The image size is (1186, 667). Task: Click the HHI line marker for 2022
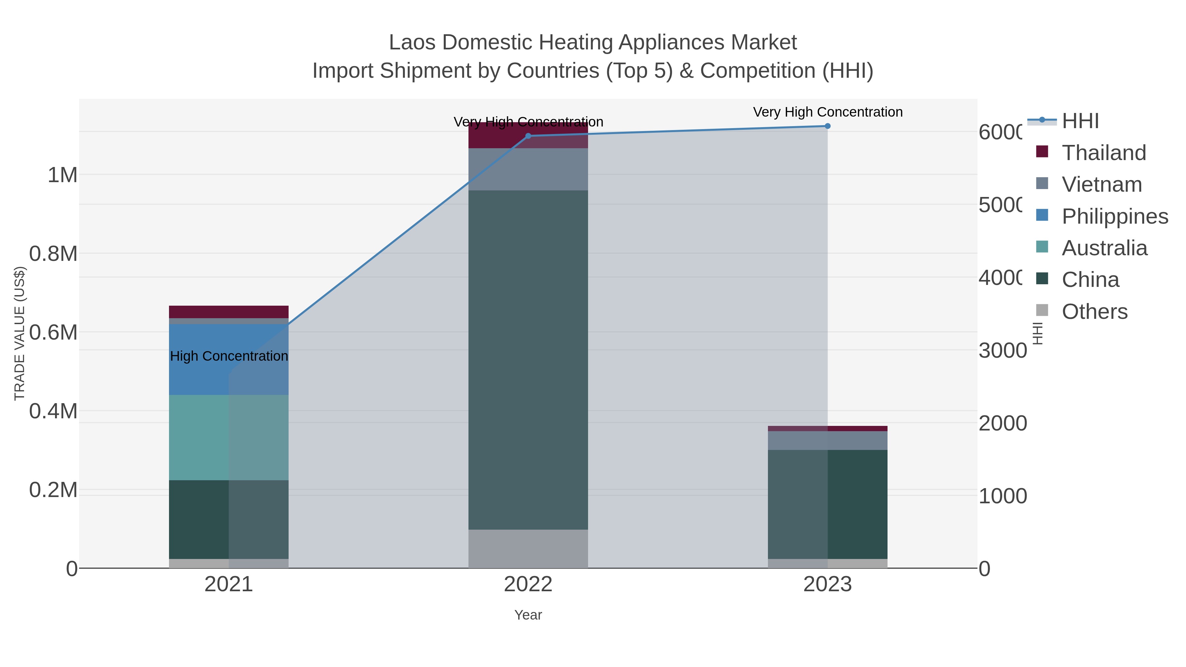[x=528, y=136]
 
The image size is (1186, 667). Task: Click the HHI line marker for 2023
[x=827, y=126]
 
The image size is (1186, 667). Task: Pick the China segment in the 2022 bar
[x=528, y=359]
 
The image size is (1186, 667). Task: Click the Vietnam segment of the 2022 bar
[x=528, y=169]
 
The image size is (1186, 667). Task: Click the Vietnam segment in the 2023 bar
[x=827, y=440]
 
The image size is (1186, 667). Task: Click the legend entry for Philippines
[x=1114, y=216]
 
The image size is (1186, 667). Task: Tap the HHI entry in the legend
[x=1080, y=121]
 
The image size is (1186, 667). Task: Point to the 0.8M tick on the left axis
[x=53, y=254]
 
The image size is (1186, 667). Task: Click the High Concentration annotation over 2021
[x=229, y=356]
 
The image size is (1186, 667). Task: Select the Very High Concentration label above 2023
[x=827, y=112]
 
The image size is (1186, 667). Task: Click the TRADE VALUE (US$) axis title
[x=19, y=333]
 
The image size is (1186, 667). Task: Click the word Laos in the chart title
[x=412, y=43]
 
